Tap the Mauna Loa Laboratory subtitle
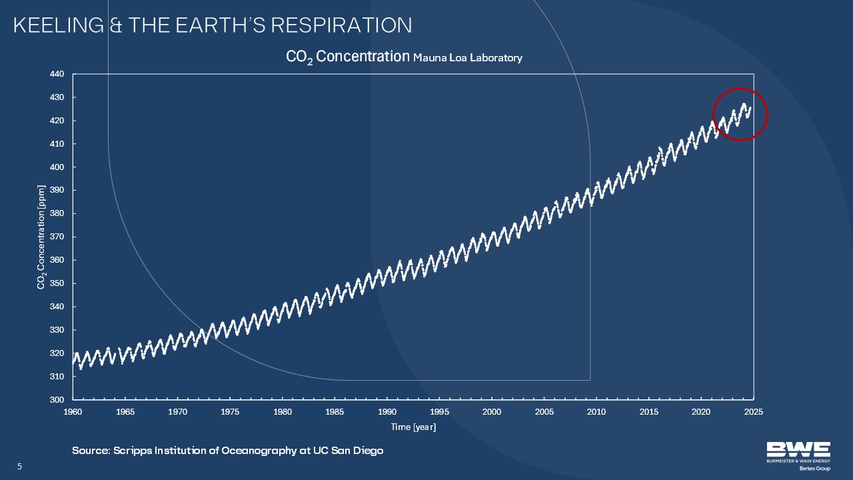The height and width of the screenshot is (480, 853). (x=467, y=58)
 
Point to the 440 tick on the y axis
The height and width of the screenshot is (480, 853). (x=57, y=74)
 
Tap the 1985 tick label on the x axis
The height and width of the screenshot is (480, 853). (x=335, y=412)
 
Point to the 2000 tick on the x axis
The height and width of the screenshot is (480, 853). (x=492, y=412)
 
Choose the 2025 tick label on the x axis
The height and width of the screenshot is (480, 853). (x=754, y=412)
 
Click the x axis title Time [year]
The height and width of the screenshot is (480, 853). (x=413, y=427)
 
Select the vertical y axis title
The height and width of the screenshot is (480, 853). (x=41, y=237)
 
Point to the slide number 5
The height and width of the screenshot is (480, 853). (x=19, y=467)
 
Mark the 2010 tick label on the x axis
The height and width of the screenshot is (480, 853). (x=596, y=412)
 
